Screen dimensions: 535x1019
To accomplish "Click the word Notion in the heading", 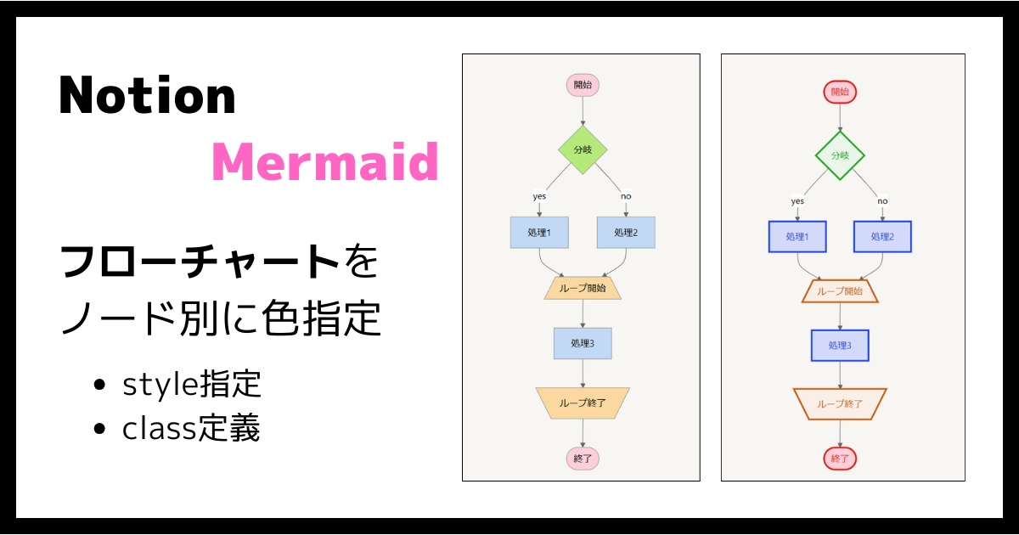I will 147,95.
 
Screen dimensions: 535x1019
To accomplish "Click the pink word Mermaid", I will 324,161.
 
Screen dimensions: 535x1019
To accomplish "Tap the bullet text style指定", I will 191,385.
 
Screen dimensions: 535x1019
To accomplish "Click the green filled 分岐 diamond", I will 583,149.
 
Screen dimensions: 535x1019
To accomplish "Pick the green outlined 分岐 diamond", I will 840,155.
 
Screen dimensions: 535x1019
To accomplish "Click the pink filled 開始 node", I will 583,85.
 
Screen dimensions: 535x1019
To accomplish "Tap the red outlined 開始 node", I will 840,92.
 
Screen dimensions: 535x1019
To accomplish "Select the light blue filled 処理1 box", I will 539,233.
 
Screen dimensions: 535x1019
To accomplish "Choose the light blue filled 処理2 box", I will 626,233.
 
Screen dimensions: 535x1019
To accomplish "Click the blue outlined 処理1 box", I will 797,237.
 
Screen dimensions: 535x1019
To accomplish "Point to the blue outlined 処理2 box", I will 882,237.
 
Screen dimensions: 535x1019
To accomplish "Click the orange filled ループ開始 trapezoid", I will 583,288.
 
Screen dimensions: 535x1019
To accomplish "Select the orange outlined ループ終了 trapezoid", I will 840,404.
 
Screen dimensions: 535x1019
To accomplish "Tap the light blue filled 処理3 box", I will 583,343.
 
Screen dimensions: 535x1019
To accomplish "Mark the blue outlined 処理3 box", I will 840,346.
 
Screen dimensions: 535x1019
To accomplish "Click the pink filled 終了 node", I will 583,459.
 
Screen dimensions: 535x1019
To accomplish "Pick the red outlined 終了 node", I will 840,459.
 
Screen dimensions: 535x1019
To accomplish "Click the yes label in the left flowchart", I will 539,196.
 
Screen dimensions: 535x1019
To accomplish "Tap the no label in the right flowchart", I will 882,201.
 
